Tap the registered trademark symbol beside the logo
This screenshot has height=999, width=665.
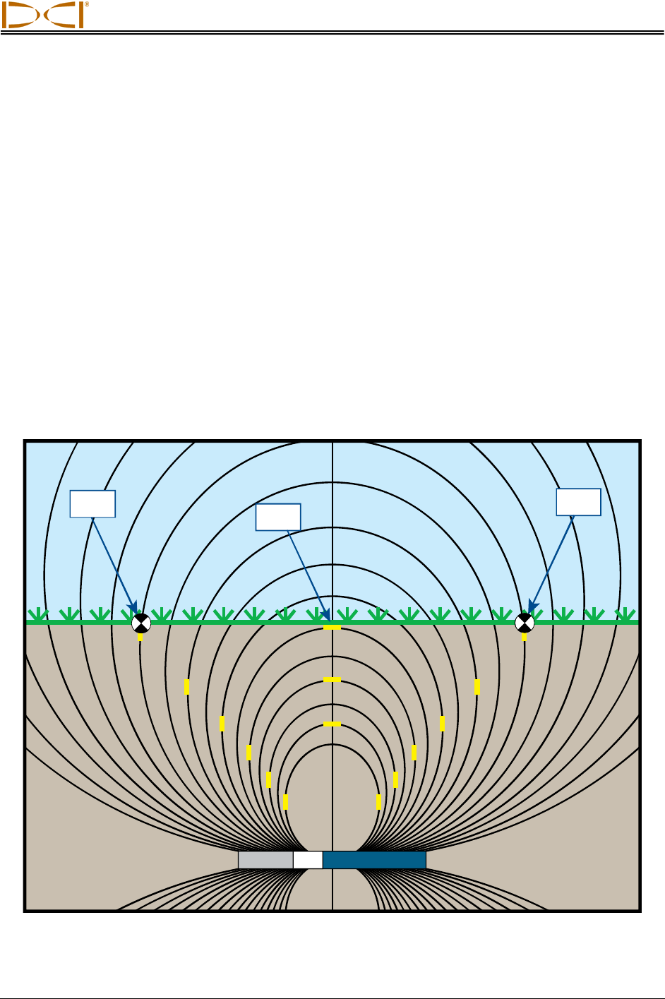pyautogui.click(x=86, y=4)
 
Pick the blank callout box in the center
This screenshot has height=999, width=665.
pyautogui.click(x=278, y=517)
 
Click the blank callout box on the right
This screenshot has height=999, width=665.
pyautogui.click(x=578, y=502)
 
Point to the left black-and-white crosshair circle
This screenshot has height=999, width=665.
pyautogui.click(x=141, y=623)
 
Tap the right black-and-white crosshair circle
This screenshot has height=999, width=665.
pyautogui.click(x=524, y=623)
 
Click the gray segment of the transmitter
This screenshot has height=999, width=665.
pyautogui.click(x=265, y=860)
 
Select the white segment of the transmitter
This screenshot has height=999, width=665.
pyautogui.click(x=308, y=860)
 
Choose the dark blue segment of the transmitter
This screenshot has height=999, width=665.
pyautogui.click(x=374, y=860)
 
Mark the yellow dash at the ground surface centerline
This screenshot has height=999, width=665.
pyautogui.click(x=332, y=628)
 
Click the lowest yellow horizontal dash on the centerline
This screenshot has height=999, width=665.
pyautogui.click(x=332, y=724)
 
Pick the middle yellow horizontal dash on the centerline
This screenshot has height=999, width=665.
pyautogui.click(x=332, y=680)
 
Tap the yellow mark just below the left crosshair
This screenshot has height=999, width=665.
pyautogui.click(x=140, y=637)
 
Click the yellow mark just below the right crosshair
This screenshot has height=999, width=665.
pyautogui.click(x=524, y=637)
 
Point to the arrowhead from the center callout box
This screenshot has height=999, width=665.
pyautogui.click(x=327, y=618)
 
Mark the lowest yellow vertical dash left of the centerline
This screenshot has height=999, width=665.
pyautogui.click(x=285, y=802)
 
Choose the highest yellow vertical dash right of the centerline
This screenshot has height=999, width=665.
pyautogui.click(x=477, y=686)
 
